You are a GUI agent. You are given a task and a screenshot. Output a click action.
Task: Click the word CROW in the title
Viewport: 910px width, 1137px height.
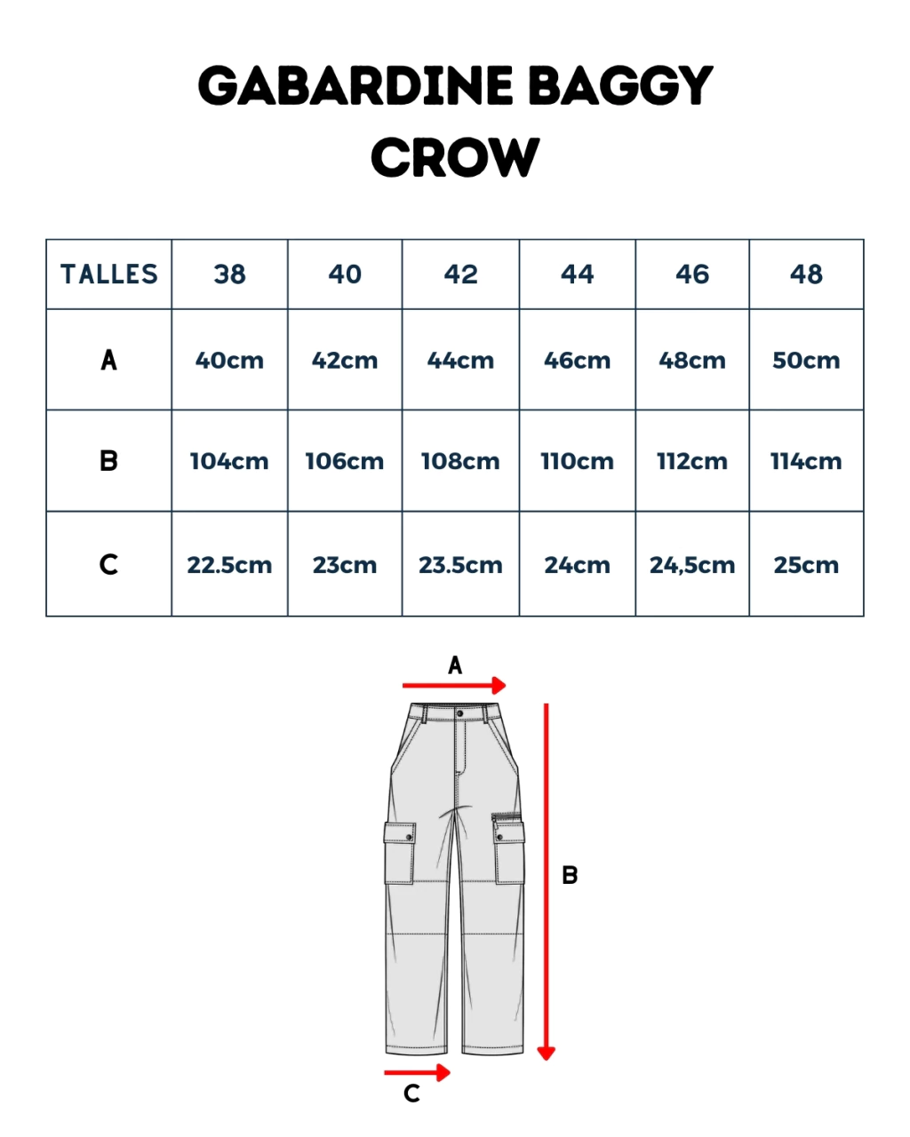[455, 157]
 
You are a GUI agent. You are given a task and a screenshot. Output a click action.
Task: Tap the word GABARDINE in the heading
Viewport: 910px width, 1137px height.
[355, 85]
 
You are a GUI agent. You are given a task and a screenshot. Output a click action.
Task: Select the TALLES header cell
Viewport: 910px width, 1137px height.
[109, 274]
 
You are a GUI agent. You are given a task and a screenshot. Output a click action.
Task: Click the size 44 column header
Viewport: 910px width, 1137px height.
[578, 274]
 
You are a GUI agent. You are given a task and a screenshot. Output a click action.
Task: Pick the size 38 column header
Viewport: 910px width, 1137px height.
[229, 274]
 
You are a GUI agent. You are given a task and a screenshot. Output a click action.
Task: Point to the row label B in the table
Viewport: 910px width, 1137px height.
[109, 460]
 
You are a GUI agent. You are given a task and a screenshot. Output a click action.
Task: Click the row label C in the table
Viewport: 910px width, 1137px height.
[108, 564]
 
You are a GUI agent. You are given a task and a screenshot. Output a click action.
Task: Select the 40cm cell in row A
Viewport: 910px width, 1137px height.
[229, 361]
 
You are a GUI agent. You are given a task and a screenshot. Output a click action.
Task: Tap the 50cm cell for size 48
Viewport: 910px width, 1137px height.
[806, 361]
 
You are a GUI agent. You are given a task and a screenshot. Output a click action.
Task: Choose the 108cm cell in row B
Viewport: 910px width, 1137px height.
[460, 461]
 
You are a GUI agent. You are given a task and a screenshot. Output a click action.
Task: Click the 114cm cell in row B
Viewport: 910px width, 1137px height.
[806, 461]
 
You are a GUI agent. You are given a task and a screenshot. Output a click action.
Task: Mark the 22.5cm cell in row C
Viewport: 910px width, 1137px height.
[229, 564]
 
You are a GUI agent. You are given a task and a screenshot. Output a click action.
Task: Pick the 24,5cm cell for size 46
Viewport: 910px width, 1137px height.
[692, 564]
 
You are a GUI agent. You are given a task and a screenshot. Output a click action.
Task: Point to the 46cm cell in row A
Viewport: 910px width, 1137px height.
[578, 361]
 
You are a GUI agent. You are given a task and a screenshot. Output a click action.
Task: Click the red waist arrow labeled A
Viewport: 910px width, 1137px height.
[454, 685]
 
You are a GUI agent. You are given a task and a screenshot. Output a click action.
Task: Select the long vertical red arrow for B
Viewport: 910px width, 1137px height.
[547, 882]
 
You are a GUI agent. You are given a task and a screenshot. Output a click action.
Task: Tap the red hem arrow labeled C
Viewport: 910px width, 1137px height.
[417, 1072]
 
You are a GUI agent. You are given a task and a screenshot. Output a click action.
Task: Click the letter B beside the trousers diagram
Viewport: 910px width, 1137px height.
[570, 876]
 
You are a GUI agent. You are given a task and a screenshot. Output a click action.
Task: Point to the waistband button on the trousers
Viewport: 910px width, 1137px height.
[459, 714]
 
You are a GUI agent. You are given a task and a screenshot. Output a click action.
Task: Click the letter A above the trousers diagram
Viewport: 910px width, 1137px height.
[455, 664]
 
